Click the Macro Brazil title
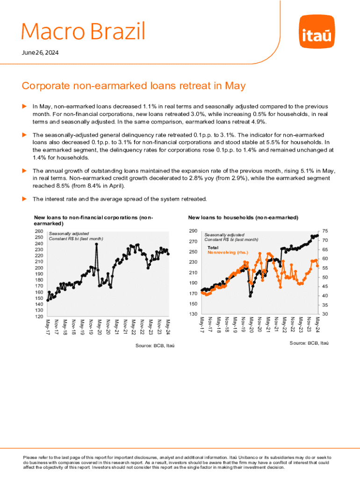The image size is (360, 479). pos(83,32)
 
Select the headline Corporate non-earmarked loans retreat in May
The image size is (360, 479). pos(133,86)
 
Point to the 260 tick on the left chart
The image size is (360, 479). pos(39,232)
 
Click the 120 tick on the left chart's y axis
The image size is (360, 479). pos(39,316)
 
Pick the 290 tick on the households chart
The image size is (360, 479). pos(193,232)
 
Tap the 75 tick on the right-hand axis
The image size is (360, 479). pos(325,232)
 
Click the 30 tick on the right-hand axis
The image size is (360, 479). pos(325,314)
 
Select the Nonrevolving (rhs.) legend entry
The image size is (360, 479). pos(228,252)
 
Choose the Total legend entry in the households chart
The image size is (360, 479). pos(213,247)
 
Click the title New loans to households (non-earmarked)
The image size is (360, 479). pos(243,218)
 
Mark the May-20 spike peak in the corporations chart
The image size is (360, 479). pos(97,244)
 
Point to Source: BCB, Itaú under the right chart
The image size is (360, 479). pos(309,343)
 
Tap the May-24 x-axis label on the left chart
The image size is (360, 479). pos(168,324)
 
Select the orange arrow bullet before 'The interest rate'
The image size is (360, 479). pos(25,199)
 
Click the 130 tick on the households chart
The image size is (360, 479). pos(193,314)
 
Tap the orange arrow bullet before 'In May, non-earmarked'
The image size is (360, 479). pos(25,107)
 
